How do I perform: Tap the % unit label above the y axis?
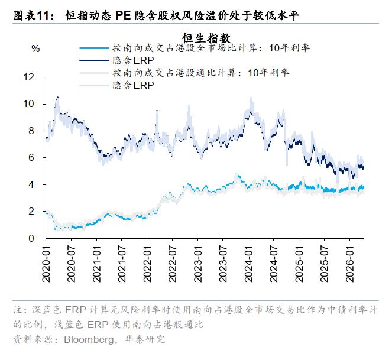[x=35, y=49]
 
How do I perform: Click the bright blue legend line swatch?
[x=93, y=48]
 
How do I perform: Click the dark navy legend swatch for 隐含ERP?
[x=93, y=60]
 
